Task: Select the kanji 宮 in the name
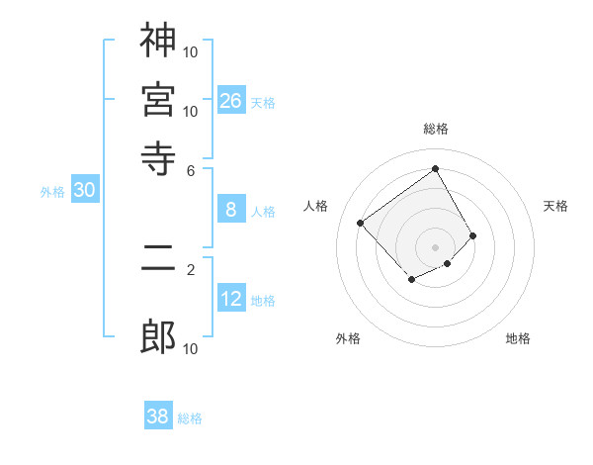pyautogui.click(x=158, y=98)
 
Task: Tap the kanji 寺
pyautogui.click(x=158, y=155)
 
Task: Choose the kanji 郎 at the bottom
pyautogui.click(x=158, y=337)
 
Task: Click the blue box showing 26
pyautogui.click(x=231, y=101)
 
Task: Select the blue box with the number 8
pyautogui.click(x=231, y=210)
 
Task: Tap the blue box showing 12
pyautogui.click(x=231, y=299)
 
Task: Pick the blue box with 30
pyautogui.click(x=84, y=191)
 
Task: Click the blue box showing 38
pyautogui.click(x=158, y=417)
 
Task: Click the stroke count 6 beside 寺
pyautogui.click(x=191, y=169)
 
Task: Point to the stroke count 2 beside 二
pyautogui.click(x=191, y=268)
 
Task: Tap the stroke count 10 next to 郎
pyautogui.click(x=191, y=348)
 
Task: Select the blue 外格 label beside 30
pyautogui.click(x=51, y=192)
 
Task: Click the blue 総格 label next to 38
pyautogui.click(x=190, y=418)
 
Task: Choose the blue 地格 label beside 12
pyautogui.click(x=263, y=301)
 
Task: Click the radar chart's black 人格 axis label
pyautogui.click(x=315, y=206)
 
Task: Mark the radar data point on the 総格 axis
pyautogui.click(x=435, y=168)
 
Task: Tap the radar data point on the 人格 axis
pyautogui.click(x=361, y=224)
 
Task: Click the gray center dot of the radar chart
pyautogui.click(x=435, y=246)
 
